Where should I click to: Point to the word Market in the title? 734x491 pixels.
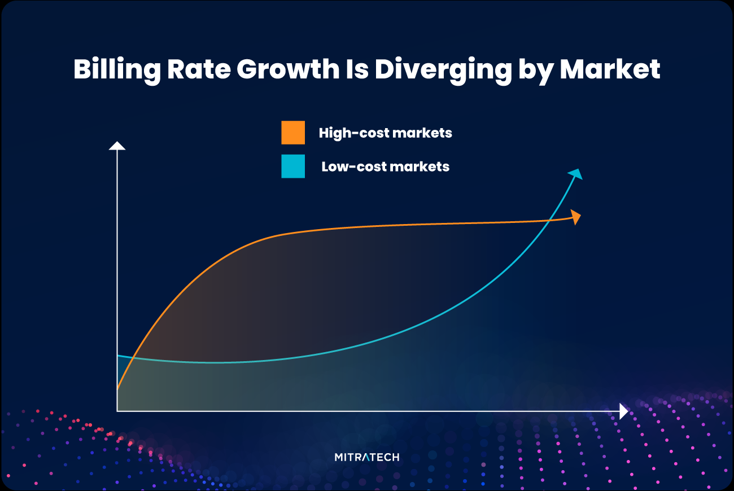[610, 69]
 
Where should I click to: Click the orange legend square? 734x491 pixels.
[293, 133]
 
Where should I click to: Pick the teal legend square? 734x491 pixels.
[293, 166]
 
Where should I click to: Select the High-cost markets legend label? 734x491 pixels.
[385, 133]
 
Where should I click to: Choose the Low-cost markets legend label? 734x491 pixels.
[385, 166]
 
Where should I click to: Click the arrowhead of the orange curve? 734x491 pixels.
[576, 217]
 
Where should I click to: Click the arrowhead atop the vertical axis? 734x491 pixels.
[117, 146]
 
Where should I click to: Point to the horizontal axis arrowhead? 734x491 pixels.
[623, 411]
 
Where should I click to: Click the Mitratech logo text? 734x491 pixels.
[366, 457]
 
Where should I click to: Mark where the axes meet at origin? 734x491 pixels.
[117, 411]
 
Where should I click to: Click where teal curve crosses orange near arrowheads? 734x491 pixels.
[548, 221]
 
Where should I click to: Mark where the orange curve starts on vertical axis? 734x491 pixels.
[117, 389]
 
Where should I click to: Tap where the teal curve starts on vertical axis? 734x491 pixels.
[117, 356]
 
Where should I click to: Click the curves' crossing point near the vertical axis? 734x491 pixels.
[132, 358]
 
